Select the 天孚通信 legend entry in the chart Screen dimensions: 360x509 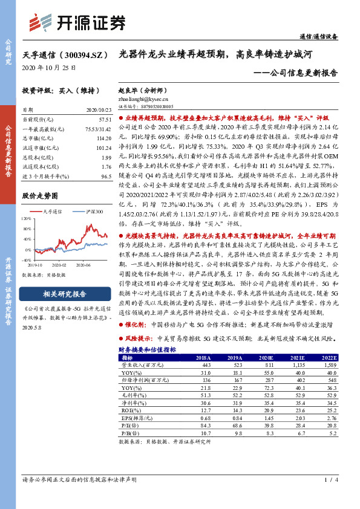(54, 212)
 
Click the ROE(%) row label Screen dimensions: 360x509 (130, 409)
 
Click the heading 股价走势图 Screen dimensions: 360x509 (40, 196)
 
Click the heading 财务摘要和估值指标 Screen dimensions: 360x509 (147, 349)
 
